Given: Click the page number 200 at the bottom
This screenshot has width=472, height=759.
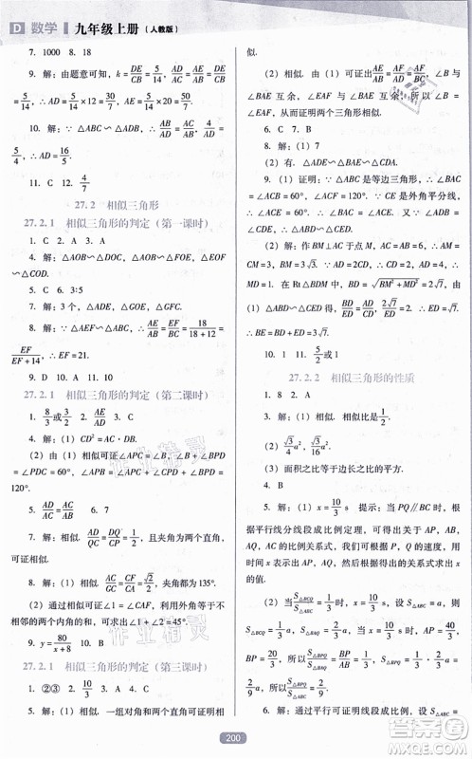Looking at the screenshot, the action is (x=235, y=736).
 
